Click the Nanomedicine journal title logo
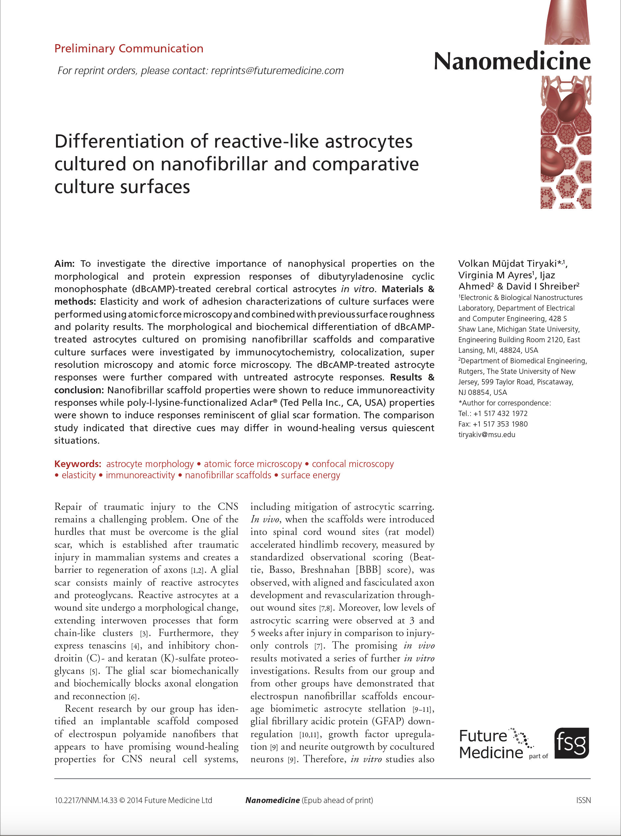pyautogui.click(x=512, y=61)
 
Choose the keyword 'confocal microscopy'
pyautogui.click(x=353, y=464)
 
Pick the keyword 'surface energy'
pyautogui.click(x=310, y=475)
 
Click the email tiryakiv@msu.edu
pyautogui.click(x=486, y=434)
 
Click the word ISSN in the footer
pyautogui.click(x=583, y=800)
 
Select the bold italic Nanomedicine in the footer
pyautogui.click(x=272, y=800)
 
